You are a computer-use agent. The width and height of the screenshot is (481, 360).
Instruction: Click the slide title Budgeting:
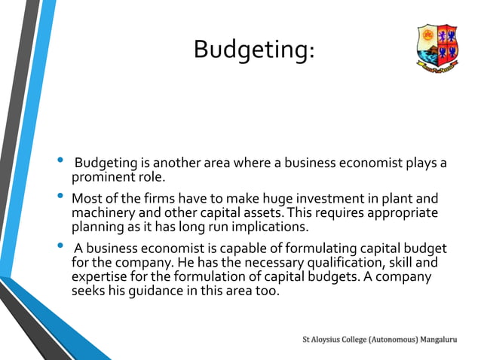point(253,50)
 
